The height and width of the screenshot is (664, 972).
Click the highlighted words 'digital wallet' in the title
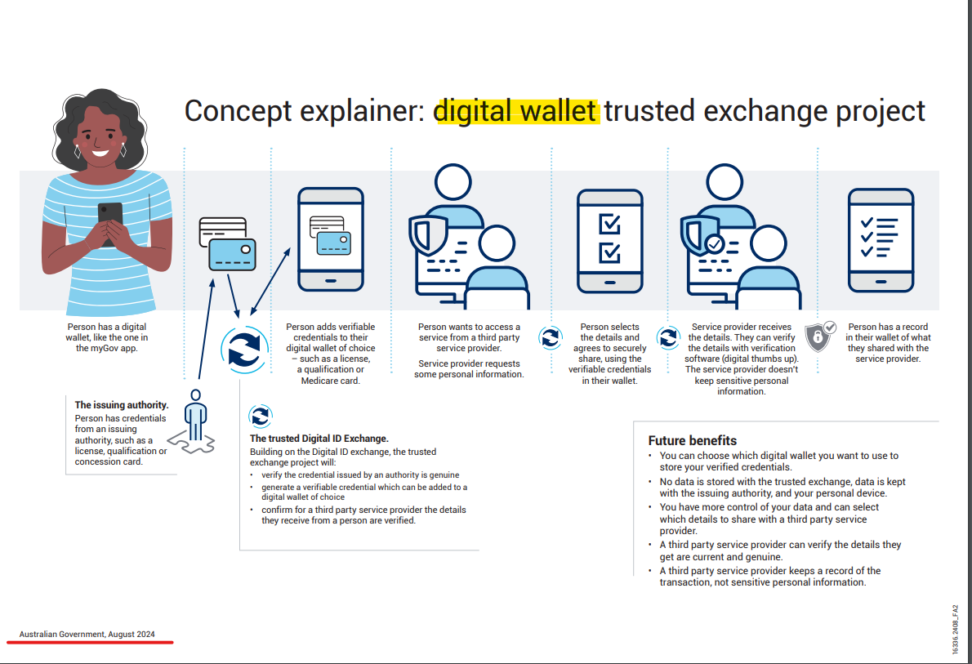click(516, 110)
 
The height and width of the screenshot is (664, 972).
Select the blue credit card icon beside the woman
click(232, 253)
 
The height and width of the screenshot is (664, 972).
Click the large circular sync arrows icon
click(243, 349)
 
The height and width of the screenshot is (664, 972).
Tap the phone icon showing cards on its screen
click(330, 238)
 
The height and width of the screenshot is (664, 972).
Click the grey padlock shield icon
click(819, 336)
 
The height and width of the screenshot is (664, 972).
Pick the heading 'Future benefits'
click(692, 440)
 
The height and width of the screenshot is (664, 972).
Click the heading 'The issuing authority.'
click(122, 404)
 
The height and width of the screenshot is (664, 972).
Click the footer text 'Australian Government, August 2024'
click(87, 634)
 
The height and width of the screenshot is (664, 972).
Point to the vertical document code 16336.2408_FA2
click(955, 628)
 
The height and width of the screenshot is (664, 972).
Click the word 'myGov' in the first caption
click(88, 348)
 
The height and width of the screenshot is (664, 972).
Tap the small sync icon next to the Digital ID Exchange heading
click(260, 416)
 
